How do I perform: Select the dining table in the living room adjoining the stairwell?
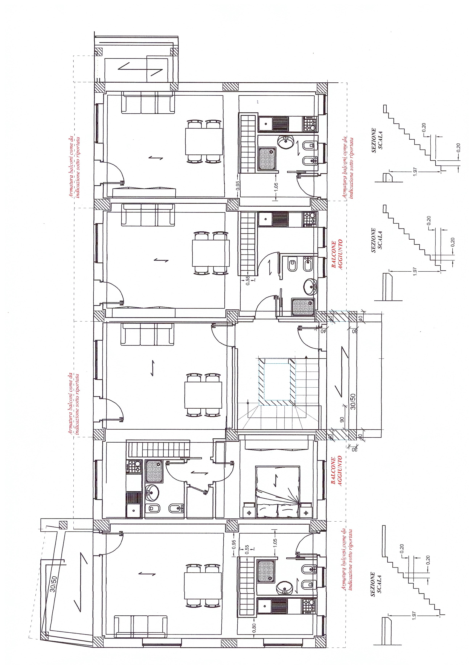pos(203,395)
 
